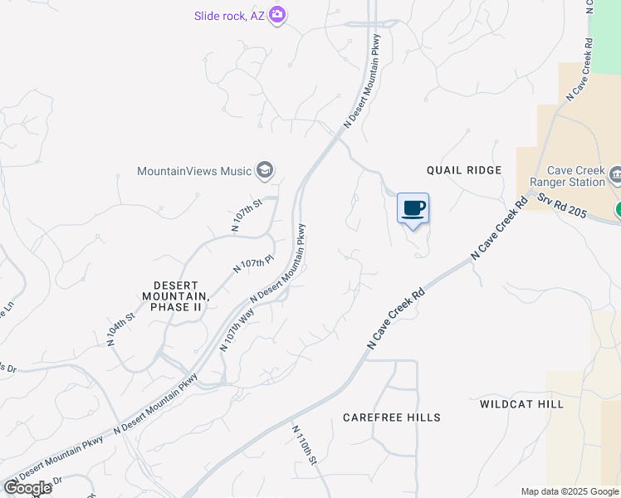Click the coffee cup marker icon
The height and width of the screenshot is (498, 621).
coord(413,208)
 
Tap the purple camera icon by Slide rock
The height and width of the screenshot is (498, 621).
coord(277,15)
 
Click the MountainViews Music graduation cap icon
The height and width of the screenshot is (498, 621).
coord(266,171)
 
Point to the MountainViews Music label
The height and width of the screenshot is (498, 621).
coord(194,171)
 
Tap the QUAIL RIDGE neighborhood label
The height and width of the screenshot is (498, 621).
coord(464,170)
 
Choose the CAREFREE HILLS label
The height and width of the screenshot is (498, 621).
coord(391,417)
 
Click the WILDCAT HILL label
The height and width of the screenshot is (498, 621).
coord(521,404)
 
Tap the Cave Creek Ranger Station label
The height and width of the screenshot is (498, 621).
coord(574,176)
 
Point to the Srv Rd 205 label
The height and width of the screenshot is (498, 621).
coord(562,207)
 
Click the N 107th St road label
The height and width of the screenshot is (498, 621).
coord(247,214)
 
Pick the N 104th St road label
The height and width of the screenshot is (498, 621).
coord(120,329)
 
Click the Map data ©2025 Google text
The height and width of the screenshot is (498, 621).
coord(570,491)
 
